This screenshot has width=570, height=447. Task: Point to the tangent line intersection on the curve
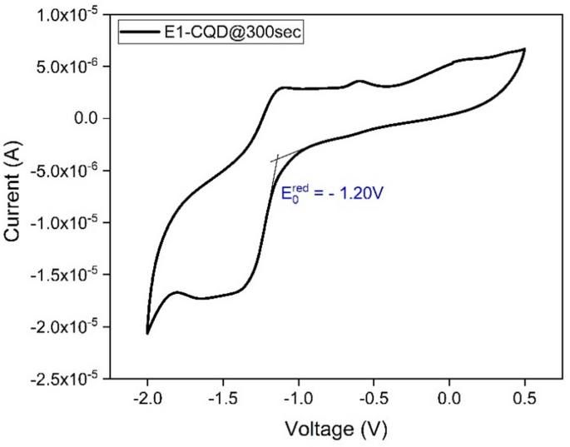point(276,158)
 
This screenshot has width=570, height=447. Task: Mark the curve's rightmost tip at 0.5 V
point(524,50)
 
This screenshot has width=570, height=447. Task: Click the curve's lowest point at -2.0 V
point(148,333)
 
